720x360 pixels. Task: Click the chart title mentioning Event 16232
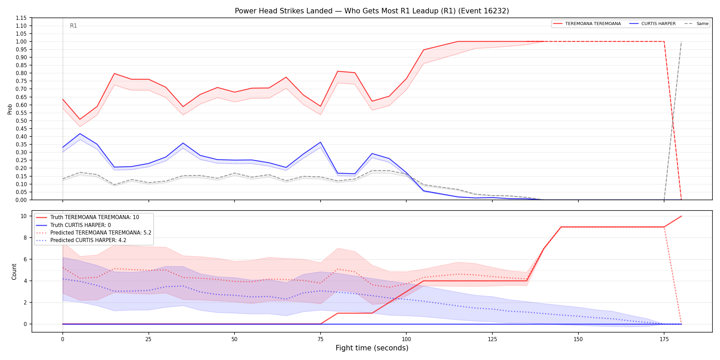click(372, 11)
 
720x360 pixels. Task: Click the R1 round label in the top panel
click(73, 26)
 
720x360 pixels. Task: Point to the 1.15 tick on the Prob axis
click(21, 18)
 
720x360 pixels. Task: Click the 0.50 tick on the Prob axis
click(21, 121)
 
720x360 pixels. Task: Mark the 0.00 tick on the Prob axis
click(21, 200)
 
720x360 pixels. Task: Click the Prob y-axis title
click(10, 109)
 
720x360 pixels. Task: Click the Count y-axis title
click(14, 272)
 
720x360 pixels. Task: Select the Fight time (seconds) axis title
click(372, 348)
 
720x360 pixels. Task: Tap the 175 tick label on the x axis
click(664, 339)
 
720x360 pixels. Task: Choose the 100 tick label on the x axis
click(406, 339)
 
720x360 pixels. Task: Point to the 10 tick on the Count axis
click(24, 216)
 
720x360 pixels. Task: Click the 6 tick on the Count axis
click(25, 259)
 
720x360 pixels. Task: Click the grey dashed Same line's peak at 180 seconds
click(681, 41)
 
